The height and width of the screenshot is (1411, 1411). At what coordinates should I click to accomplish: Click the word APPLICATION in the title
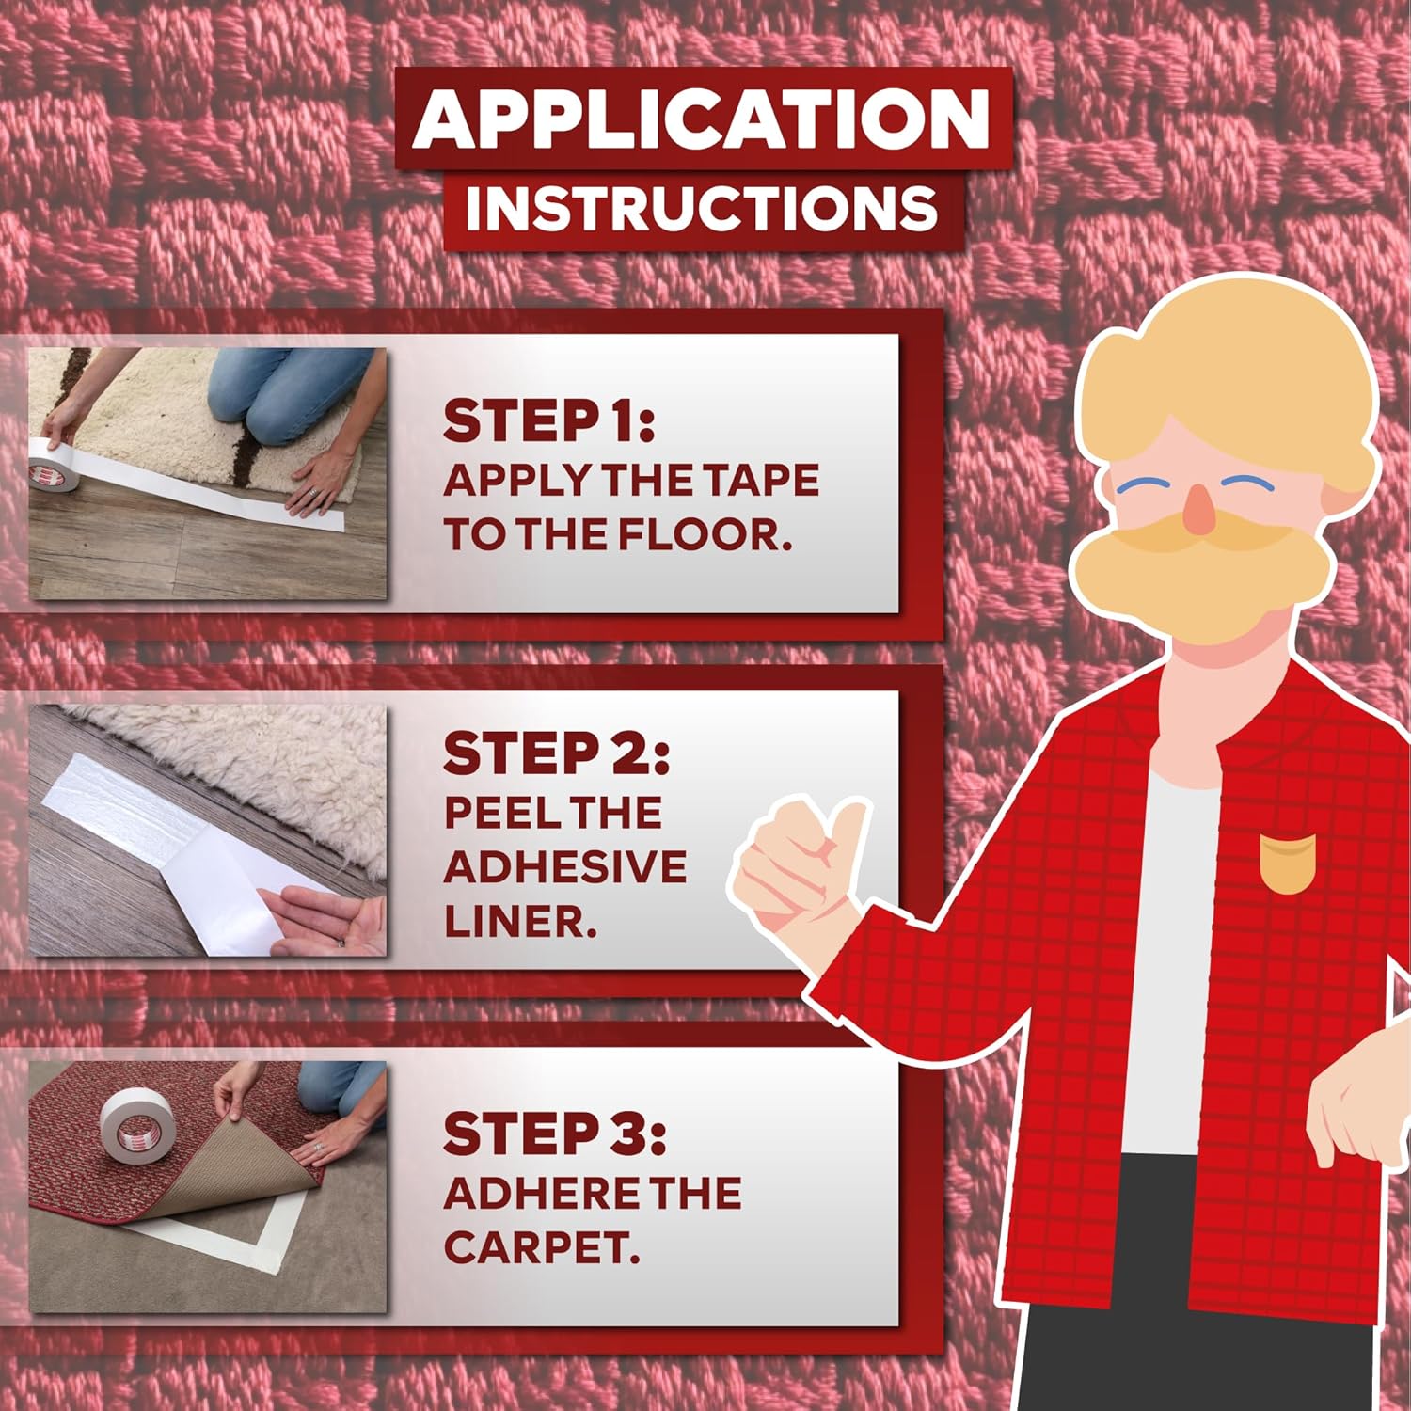point(701,119)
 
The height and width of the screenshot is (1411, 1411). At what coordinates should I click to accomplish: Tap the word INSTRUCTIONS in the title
point(701,209)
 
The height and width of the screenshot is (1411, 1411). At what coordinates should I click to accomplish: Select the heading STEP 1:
point(548,420)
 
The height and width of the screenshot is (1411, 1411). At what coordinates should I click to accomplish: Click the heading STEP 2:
point(556,754)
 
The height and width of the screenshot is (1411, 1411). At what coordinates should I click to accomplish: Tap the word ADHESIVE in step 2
point(564,866)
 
